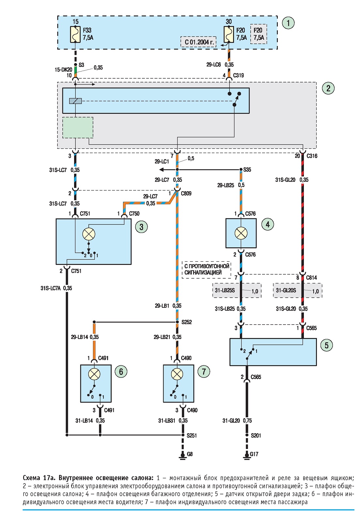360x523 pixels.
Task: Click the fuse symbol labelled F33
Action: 75,34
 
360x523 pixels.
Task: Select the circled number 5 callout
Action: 326,345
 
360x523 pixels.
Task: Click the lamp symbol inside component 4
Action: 241,233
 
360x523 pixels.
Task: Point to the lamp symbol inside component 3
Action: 89,234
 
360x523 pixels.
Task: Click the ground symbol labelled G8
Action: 182,455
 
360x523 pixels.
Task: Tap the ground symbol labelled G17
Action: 247,455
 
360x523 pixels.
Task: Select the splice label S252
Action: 187,322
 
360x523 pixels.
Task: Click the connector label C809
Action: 186,193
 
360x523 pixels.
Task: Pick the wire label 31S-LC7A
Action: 51,288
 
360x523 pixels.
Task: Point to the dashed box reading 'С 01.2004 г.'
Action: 198,42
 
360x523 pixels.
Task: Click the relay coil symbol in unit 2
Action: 75,101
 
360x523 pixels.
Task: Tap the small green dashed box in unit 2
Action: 78,128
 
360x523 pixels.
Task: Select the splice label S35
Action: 247,170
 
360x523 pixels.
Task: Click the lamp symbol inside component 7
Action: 177,374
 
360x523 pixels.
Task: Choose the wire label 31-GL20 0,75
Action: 237,421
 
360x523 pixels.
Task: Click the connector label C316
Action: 312,156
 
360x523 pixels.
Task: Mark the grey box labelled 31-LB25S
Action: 237,290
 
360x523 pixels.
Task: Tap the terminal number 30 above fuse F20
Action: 228,22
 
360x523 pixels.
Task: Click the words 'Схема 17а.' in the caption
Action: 39,478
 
